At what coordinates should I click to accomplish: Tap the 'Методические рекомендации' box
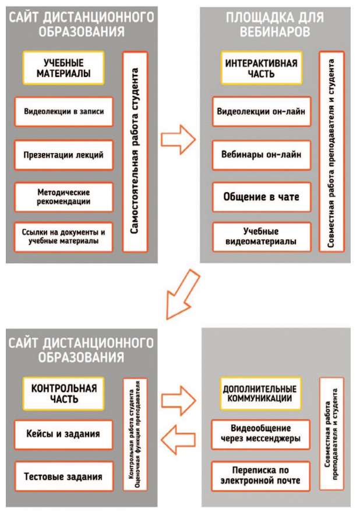[x=64, y=196]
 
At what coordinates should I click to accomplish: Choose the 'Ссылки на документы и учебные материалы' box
[x=64, y=236]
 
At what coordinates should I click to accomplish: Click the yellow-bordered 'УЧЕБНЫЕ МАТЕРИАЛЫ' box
[x=64, y=68]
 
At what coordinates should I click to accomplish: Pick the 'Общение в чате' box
[x=260, y=197]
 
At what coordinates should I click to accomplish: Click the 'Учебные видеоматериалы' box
[x=260, y=236]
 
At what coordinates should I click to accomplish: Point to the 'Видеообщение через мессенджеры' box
[x=260, y=434]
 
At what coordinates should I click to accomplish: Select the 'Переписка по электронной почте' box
[x=260, y=475]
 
